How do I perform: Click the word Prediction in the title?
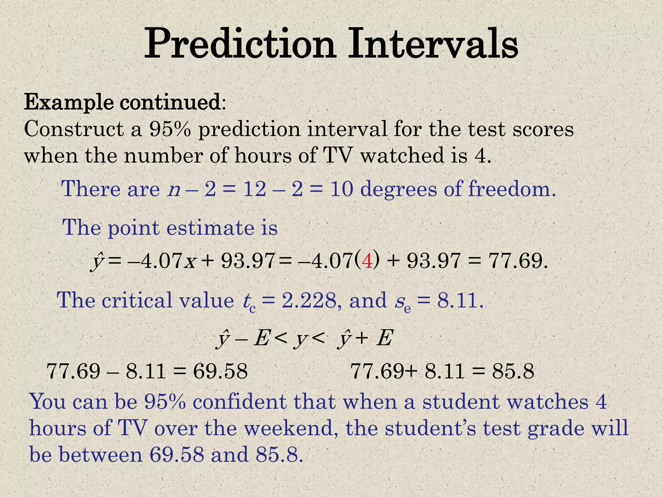tap(239, 44)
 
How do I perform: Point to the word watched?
tap(402, 156)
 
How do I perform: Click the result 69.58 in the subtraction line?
tap(220, 371)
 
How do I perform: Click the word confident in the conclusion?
tap(240, 402)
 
